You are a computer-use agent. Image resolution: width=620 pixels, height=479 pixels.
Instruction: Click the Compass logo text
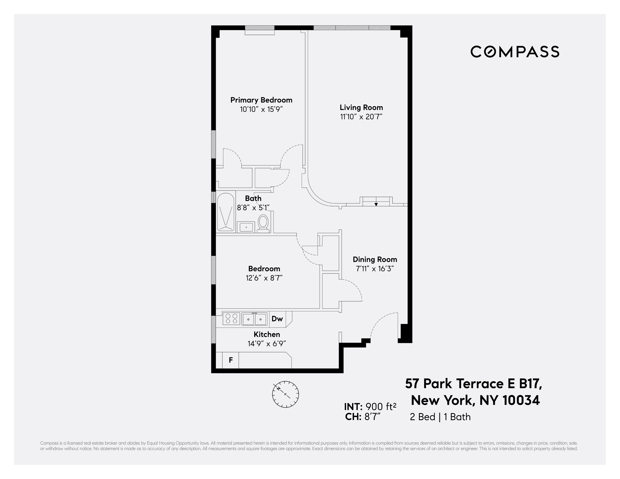[x=515, y=52]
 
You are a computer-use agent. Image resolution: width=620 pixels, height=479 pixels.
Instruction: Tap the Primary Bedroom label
[x=261, y=100]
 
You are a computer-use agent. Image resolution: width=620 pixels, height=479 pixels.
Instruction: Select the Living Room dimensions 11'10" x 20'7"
[x=361, y=117]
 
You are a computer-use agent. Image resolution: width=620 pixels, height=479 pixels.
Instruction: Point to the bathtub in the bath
[x=226, y=212]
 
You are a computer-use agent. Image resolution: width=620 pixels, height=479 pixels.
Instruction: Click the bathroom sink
[x=246, y=227]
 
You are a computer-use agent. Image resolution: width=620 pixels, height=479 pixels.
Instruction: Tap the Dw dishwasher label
[x=277, y=319]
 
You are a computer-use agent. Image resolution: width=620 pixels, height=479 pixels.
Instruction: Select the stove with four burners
[x=231, y=319]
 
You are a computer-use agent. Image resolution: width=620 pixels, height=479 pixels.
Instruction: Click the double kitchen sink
[x=254, y=319]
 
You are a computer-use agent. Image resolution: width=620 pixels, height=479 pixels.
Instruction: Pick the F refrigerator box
[x=230, y=360]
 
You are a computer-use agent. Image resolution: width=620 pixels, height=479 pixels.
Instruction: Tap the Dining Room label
[x=375, y=259]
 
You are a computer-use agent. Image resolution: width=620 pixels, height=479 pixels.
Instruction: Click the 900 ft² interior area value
[x=381, y=407]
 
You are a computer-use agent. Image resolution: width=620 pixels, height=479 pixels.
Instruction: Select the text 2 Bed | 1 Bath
[x=440, y=417]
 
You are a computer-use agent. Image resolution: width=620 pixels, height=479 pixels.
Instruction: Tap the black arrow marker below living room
[x=376, y=204]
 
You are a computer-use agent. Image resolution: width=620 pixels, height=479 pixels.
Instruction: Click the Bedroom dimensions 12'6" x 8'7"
[x=264, y=278]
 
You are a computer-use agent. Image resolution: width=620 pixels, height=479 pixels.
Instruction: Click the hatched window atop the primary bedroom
[x=260, y=28]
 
